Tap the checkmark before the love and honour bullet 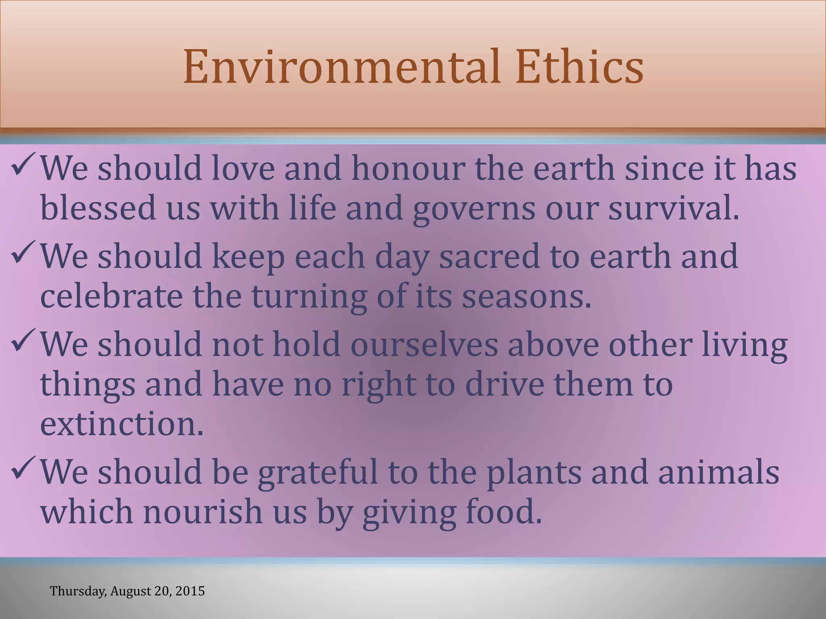tap(24, 165)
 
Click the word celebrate tap(111, 296)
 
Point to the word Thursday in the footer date tap(78, 591)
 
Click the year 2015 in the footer tap(191, 591)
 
